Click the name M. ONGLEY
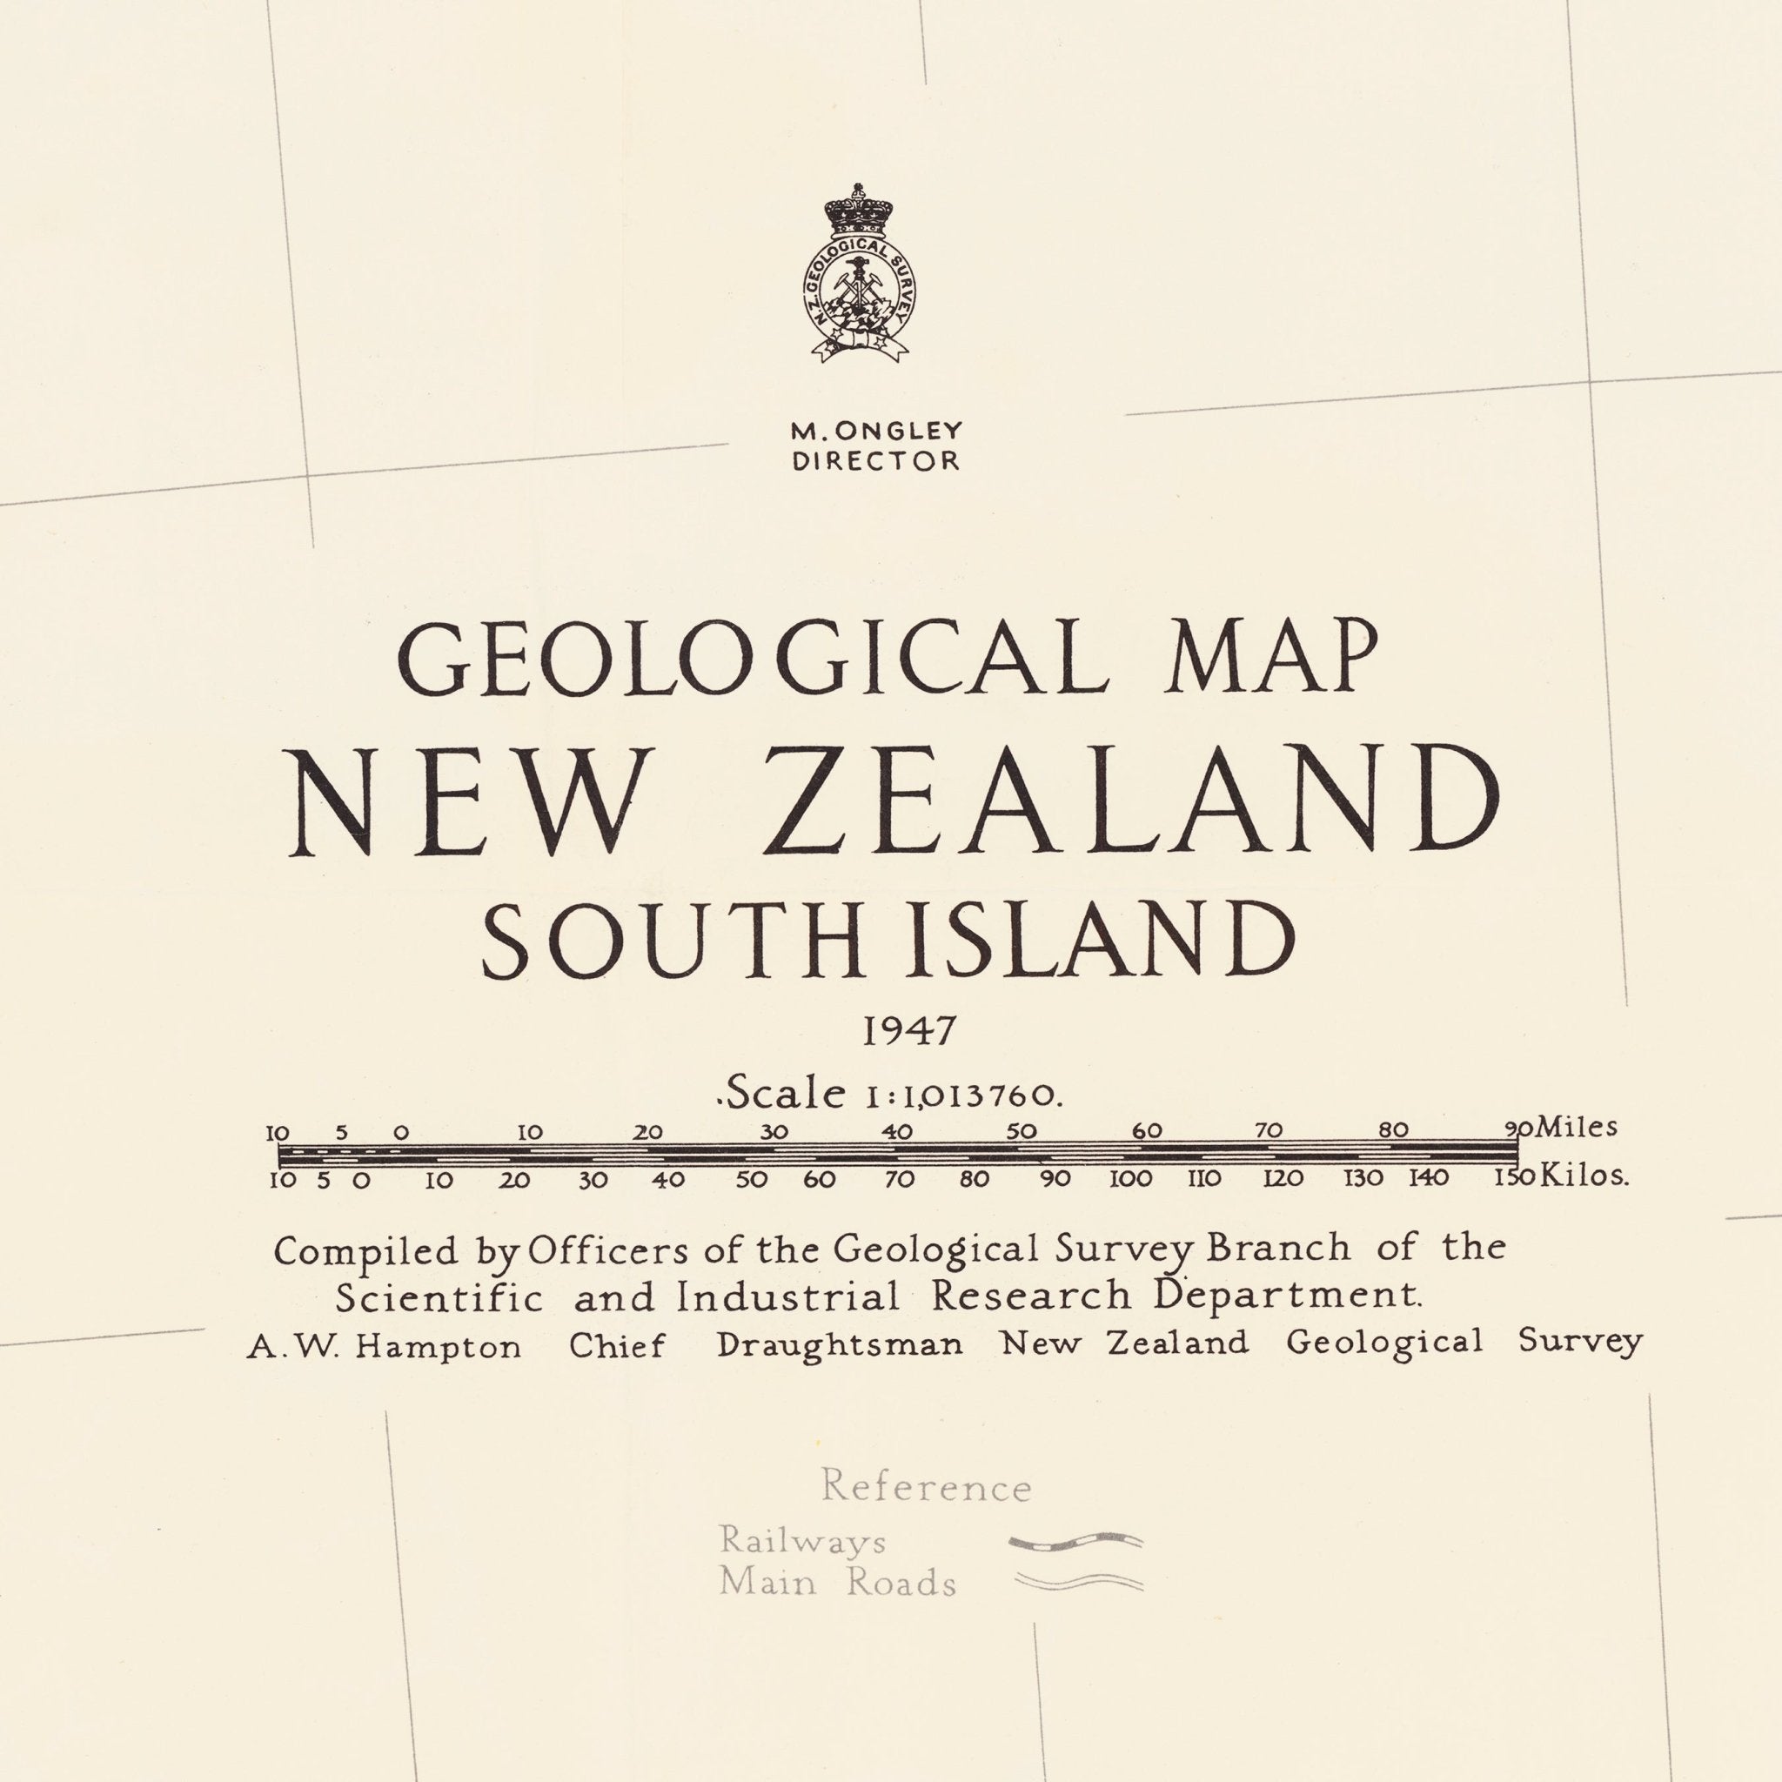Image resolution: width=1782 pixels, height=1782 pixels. coord(875,431)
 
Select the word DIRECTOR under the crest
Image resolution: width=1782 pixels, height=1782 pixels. coord(875,460)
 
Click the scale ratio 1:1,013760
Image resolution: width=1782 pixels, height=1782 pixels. coord(964,1095)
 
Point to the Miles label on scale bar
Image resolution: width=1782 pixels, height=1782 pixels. coord(1577,1127)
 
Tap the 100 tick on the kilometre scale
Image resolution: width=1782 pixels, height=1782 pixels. coord(1131,1179)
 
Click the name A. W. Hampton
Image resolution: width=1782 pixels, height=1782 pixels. coord(384,1348)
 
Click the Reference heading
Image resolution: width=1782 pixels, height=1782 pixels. coord(926,1487)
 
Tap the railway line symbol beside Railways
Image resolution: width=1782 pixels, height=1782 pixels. coord(1075,1540)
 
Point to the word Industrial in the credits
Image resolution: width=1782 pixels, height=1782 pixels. coord(787,1297)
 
